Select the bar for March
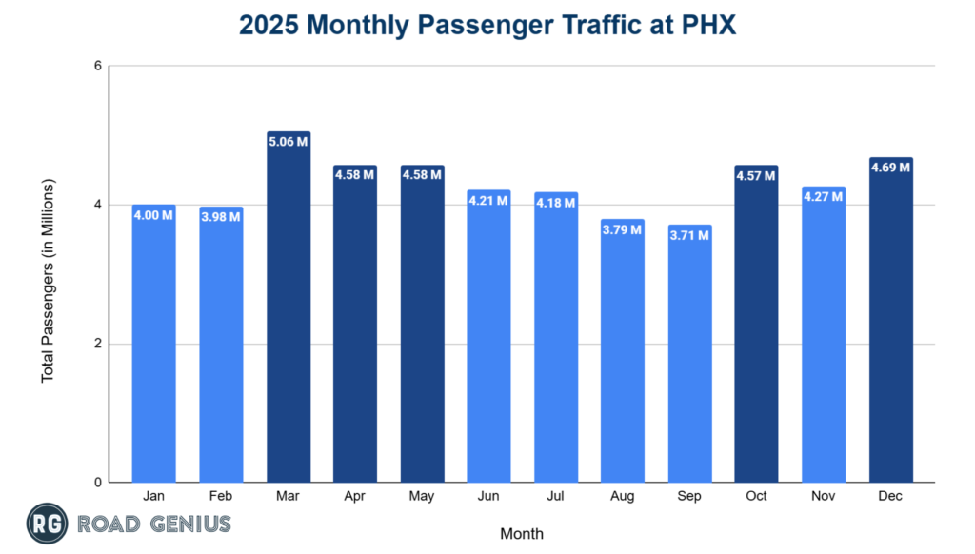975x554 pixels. (x=289, y=314)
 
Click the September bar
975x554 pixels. (x=690, y=362)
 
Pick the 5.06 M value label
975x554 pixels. (x=289, y=142)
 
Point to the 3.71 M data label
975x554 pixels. (x=690, y=235)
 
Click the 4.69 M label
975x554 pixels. (x=891, y=168)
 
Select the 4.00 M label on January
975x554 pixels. (x=154, y=215)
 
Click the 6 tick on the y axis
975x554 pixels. (x=97, y=66)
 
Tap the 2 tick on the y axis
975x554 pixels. (x=97, y=344)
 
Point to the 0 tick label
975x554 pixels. (x=97, y=483)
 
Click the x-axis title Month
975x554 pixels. (x=522, y=533)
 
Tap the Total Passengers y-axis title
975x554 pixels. (x=48, y=280)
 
